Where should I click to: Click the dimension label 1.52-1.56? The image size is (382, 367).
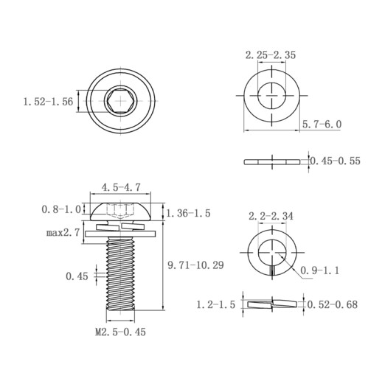click(48, 102)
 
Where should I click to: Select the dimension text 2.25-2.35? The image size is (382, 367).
click(271, 55)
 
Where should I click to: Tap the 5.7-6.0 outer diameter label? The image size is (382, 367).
click(322, 125)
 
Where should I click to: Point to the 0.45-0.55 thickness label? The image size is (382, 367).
click(335, 161)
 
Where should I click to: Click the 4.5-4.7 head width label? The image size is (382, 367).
click(121, 187)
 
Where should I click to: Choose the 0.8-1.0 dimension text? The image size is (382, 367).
click(61, 209)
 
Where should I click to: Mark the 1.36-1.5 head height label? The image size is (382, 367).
click(189, 213)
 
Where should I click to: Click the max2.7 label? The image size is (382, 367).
click(63, 232)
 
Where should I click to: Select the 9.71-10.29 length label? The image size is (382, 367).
click(195, 265)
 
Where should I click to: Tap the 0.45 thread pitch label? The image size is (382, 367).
click(77, 276)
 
